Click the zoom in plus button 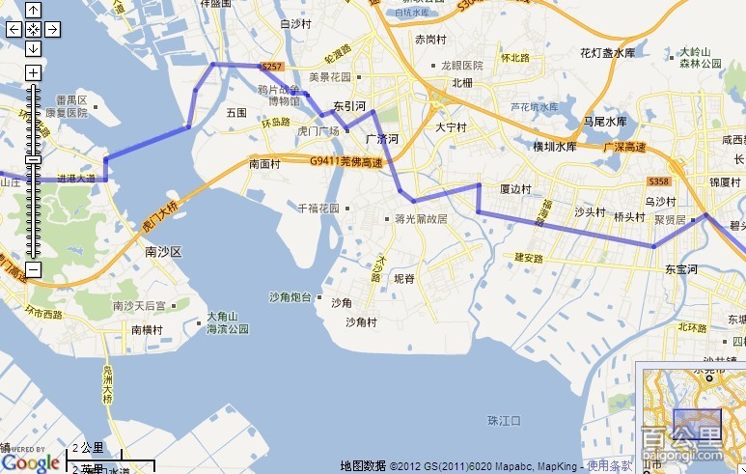point(33,72)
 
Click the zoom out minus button point(33,269)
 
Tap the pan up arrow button point(33,11)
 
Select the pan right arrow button point(52,29)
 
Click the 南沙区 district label point(163,251)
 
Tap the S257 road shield point(272,67)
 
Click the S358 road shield point(659,181)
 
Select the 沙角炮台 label point(290,297)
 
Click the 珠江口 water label point(504,421)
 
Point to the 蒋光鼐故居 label point(421,219)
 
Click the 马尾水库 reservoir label point(605,122)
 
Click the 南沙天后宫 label point(139,306)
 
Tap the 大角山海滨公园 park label point(228,322)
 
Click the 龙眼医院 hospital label point(461,66)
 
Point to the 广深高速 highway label point(624,147)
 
